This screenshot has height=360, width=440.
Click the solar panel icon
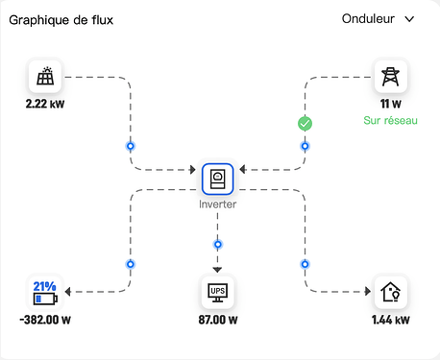(45, 76)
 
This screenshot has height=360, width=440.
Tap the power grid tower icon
(391, 77)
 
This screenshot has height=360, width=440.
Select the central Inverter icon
(217, 179)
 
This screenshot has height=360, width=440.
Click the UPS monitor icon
(217, 292)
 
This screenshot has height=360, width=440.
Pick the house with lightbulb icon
(391, 292)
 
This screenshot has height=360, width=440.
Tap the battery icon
(45, 299)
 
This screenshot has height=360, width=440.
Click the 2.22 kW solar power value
(45, 104)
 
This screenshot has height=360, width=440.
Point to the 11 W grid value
(391, 104)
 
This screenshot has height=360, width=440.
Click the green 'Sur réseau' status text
(390, 120)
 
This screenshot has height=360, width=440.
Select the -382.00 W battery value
(45, 320)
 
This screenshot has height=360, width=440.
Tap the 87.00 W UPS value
(218, 320)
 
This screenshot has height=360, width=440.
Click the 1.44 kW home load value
(391, 320)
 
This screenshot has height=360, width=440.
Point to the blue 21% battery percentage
(45, 286)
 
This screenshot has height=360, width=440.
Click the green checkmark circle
(305, 124)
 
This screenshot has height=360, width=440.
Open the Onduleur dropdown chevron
(409, 19)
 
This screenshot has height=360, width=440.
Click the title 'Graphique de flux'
(61, 20)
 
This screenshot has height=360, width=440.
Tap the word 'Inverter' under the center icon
(217, 204)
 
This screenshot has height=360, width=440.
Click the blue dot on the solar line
(131, 146)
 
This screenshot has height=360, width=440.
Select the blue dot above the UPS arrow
(218, 245)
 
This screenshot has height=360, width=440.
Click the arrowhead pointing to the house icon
(368, 291)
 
